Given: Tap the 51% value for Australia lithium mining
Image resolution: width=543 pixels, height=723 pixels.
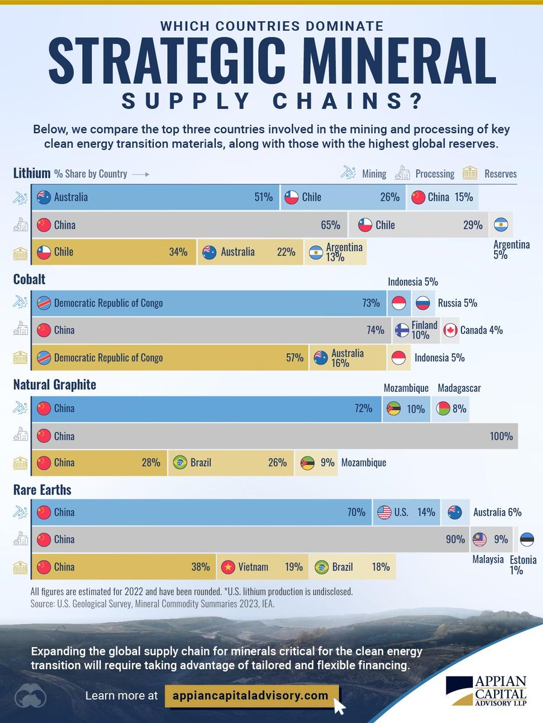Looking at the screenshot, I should pyautogui.click(x=264, y=197).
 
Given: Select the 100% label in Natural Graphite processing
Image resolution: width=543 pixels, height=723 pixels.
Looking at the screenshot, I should pyautogui.click(x=501, y=436).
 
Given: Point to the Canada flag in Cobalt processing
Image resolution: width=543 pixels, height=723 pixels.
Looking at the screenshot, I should pyautogui.click(x=449, y=330).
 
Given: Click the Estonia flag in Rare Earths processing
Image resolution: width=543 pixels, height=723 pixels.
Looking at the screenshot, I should pyautogui.click(x=527, y=539).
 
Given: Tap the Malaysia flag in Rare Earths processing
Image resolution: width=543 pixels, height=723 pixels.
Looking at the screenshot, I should pyautogui.click(x=480, y=539).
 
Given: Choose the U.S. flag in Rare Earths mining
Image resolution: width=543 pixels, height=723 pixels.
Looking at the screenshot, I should pyautogui.click(x=384, y=513).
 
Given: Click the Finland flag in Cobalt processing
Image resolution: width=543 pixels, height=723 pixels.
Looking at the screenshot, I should pyautogui.click(x=402, y=330).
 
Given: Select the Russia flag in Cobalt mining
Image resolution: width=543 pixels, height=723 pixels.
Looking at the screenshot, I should pyautogui.click(x=422, y=303).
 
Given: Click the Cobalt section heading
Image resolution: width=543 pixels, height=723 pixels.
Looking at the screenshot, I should pyautogui.click(x=30, y=280).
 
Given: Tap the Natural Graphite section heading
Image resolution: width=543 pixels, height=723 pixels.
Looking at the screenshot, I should pyautogui.click(x=54, y=384).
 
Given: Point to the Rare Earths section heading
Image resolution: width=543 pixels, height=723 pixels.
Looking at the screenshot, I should pyautogui.click(x=42, y=489).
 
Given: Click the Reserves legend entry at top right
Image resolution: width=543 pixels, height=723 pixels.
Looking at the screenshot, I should pyautogui.click(x=489, y=174).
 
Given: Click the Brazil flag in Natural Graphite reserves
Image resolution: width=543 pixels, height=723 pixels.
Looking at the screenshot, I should pyautogui.click(x=179, y=463).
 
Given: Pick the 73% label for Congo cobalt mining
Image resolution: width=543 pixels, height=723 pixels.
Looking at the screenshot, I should pyautogui.click(x=371, y=303).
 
